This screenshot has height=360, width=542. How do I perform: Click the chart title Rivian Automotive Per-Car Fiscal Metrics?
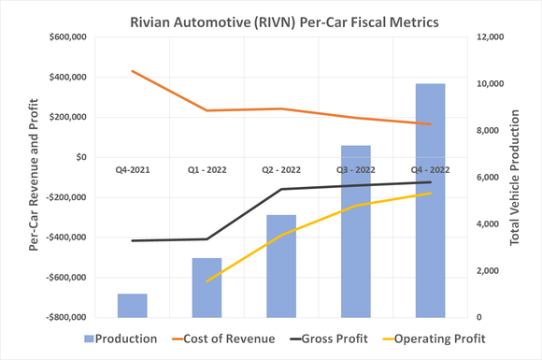click(x=271, y=17)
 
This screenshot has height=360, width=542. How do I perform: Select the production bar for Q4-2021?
click(x=132, y=306)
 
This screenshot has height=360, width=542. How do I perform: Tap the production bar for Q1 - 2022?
click(x=207, y=288)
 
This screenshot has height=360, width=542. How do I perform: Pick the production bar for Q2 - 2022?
click(x=281, y=266)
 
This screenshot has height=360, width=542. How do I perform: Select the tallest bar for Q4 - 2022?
click(x=431, y=201)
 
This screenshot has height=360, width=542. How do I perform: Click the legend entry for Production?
click(x=121, y=338)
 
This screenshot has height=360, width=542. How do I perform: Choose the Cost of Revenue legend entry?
click(x=221, y=338)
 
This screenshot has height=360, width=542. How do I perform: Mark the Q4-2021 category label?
click(x=132, y=170)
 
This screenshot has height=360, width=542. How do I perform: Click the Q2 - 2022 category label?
click(x=281, y=170)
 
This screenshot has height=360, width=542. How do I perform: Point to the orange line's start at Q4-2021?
click(x=132, y=71)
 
